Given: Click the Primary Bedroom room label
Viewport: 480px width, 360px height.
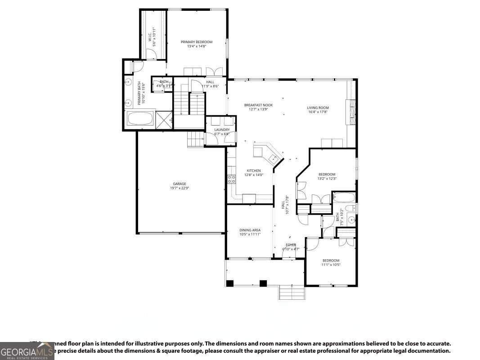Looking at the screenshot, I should point(197,42).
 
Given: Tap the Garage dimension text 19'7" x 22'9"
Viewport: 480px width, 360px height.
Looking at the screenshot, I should point(179,189).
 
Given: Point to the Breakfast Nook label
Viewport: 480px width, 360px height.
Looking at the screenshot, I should point(258,105).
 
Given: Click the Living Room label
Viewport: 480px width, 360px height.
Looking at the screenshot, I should point(318,108).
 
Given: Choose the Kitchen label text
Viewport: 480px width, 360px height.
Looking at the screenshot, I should point(254,171).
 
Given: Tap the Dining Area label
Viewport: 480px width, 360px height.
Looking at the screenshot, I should point(250,230).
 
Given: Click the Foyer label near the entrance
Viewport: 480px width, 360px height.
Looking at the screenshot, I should point(290,245).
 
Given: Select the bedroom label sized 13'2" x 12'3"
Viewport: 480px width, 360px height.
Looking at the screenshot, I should point(327,174).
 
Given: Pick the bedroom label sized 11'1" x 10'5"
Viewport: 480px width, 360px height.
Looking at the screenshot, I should point(331,261).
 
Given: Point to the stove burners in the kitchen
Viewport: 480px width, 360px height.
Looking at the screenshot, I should point(232,179).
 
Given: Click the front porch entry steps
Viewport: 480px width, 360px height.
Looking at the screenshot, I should point(292,292).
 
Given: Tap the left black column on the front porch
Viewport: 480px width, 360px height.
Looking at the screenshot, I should point(230,283).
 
